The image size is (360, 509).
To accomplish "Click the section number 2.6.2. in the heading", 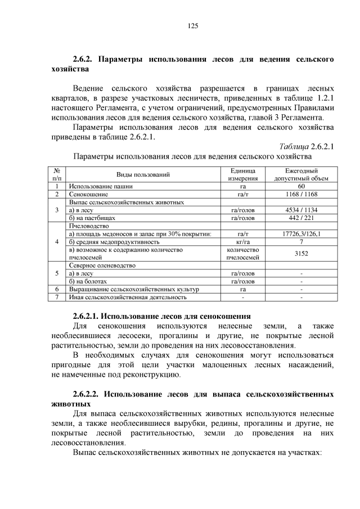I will point(85,58).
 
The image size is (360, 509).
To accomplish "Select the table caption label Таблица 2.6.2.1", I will point(307,147).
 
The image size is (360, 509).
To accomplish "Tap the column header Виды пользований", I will point(143,174).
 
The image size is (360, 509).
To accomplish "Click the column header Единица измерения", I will point(243,174).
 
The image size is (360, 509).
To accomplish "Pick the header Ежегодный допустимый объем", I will point(301,174).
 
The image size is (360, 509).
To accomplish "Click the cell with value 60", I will point(301,186).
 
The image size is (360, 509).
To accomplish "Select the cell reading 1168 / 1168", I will point(301,194).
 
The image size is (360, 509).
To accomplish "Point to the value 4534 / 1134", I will point(301,210).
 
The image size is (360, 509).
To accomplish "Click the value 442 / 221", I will point(301,218).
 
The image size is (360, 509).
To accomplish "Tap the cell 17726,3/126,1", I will point(301,233).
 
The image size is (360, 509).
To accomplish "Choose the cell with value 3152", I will point(301,253).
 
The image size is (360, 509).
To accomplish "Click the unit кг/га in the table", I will point(243,241).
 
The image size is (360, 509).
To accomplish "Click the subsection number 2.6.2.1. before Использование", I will point(88,316).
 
